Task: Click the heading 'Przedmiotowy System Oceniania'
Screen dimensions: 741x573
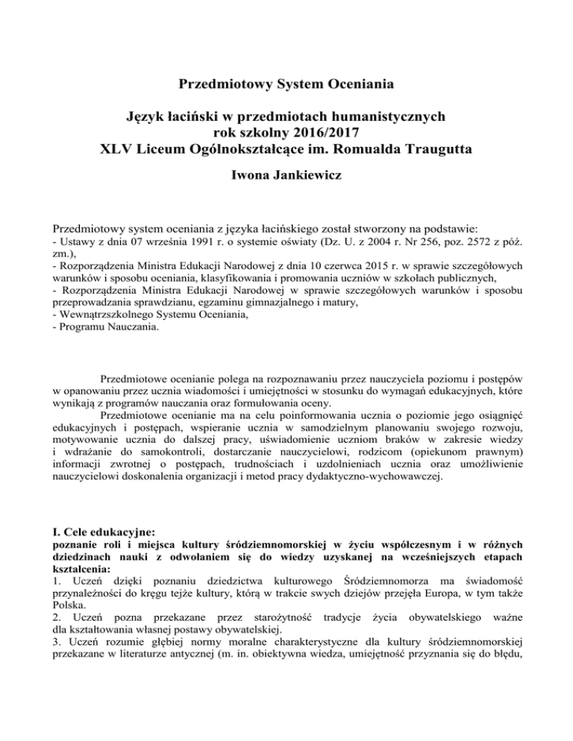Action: point(286,85)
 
